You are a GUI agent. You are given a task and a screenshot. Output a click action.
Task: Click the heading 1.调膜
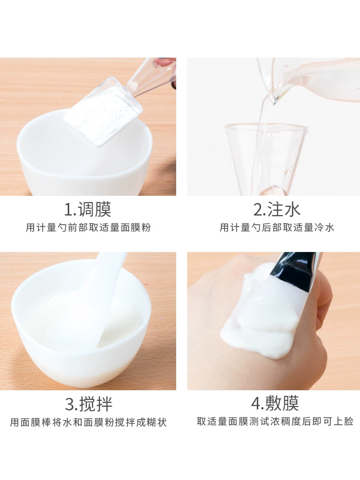click(x=88, y=209)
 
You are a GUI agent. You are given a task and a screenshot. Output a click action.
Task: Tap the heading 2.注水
click(x=277, y=209)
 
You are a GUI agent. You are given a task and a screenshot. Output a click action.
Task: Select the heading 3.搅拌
click(x=88, y=404)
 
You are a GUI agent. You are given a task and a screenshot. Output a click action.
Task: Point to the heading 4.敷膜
click(x=275, y=403)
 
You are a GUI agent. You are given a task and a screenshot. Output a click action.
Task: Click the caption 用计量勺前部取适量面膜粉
click(x=88, y=228)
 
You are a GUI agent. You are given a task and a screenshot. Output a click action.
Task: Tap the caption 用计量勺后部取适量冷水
click(x=277, y=228)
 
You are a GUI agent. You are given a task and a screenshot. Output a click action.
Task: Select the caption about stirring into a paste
click(x=88, y=422)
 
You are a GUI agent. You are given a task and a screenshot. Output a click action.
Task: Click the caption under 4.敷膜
click(x=275, y=421)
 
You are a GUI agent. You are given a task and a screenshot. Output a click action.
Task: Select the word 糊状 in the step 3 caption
click(x=156, y=422)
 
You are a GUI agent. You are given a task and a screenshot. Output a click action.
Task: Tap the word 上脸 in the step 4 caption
click(x=343, y=421)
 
